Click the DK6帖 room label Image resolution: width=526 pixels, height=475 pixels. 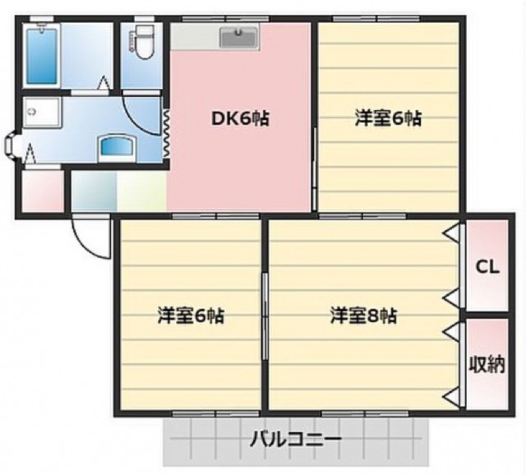[240, 119]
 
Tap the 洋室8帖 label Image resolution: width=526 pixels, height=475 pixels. [363, 316]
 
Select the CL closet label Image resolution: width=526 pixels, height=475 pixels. [487, 267]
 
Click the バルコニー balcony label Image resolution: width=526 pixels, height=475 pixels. [296, 439]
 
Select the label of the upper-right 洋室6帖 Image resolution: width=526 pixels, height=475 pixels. [388, 119]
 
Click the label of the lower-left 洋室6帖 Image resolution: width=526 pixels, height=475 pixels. [191, 316]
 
